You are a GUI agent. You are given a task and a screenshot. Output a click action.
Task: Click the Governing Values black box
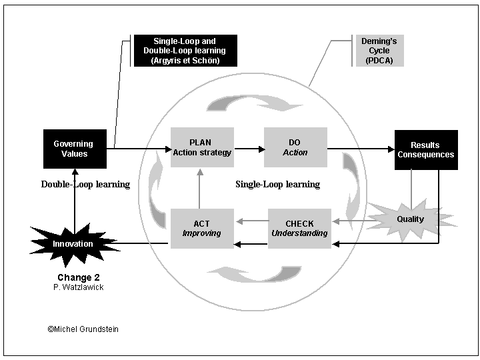(73, 149)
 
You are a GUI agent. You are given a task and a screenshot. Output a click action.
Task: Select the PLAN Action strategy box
(202, 147)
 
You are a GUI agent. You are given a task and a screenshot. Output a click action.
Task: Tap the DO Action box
(295, 147)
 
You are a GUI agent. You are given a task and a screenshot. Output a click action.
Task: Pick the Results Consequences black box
(426, 149)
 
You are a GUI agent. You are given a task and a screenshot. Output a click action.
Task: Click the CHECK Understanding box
(299, 229)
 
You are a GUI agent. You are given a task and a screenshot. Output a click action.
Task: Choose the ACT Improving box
(202, 229)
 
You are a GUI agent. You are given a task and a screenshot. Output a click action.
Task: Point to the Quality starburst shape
(411, 219)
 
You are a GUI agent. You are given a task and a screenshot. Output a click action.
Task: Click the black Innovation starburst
(73, 243)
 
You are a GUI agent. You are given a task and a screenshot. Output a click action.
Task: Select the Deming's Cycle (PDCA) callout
(379, 51)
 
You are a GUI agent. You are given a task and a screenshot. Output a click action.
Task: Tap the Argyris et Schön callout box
(185, 51)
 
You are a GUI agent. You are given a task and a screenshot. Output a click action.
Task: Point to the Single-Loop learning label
(277, 184)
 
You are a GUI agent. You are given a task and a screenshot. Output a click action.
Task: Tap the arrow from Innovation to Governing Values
(74, 197)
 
